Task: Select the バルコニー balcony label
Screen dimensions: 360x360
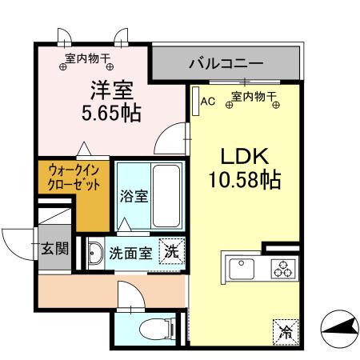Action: [x=226, y=62]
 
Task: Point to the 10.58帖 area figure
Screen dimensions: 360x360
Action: [x=243, y=180]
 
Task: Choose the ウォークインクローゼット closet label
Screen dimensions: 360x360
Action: [x=74, y=177]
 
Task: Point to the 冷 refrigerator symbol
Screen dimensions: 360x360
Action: [x=285, y=330]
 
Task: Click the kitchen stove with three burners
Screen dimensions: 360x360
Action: [x=283, y=268]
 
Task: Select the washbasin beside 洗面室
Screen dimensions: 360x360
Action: [x=95, y=252]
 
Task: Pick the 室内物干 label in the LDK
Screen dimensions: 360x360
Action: [x=254, y=98]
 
